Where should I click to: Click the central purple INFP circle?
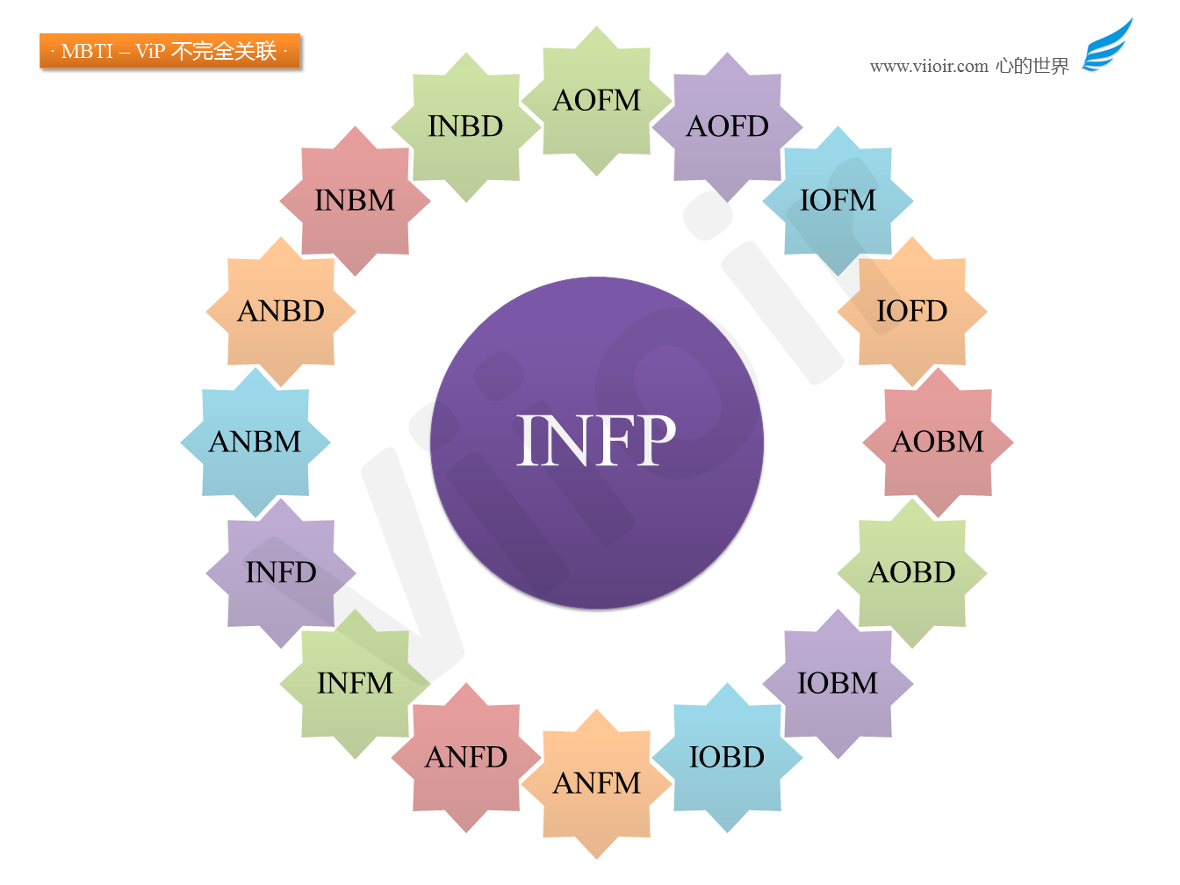596,442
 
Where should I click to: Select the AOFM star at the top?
596,100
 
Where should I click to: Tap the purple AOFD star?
727,126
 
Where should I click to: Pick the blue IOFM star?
838,201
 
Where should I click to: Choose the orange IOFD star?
911,311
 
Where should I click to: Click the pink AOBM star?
938,442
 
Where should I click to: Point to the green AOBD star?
911,572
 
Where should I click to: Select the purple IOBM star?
838,683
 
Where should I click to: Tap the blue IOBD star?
727,758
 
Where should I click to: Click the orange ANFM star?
596,784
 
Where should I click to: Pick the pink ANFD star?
466,758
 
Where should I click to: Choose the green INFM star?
355,683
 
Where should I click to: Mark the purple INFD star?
281,572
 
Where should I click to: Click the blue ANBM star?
255,442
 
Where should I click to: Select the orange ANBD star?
281,311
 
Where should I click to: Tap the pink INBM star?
355,201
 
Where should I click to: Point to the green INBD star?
466,126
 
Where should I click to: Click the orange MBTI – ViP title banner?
169,51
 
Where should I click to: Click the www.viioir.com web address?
929,66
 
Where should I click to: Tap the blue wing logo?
1106,46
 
